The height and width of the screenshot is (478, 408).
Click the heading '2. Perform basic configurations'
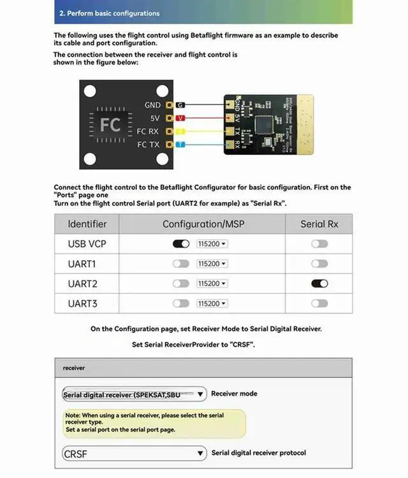point(109,13)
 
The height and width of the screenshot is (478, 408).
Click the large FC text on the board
point(110,125)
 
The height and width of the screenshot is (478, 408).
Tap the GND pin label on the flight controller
point(152,105)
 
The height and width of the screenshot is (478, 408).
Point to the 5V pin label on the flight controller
point(155,118)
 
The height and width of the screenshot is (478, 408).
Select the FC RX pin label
point(148,131)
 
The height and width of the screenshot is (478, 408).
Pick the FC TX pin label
point(148,145)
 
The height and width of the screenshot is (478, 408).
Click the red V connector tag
point(180,118)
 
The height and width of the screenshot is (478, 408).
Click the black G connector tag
point(180,105)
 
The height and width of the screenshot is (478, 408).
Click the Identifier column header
point(87,224)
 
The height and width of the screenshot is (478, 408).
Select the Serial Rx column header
point(319,224)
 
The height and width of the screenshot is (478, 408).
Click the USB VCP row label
point(87,244)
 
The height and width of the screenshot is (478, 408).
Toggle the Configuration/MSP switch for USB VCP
point(181,244)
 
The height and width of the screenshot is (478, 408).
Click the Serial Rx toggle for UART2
point(319,284)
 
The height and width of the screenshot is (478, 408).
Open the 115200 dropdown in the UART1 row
point(212,264)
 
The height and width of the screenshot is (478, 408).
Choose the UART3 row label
point(82,303)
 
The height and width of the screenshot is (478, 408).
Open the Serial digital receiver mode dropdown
point(135,395)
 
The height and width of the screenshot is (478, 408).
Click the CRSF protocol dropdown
point(135,454)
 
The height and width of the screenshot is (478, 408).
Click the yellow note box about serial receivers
point(154,423)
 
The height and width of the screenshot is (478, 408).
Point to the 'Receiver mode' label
point(234,394)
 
